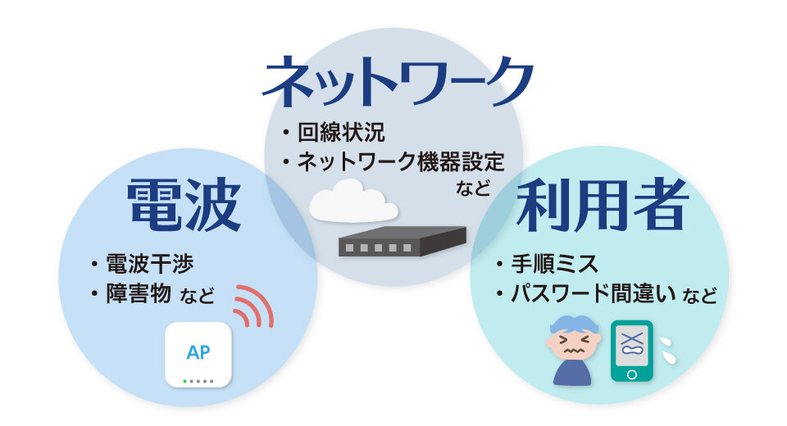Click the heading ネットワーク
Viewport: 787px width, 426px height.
[397, 81]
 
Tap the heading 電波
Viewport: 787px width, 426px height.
[184, 205]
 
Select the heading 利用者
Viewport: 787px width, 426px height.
[603, 205]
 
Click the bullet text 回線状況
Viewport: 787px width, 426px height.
[341, 133]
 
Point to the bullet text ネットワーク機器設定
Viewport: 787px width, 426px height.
[401, 161]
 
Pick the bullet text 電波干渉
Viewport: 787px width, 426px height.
[149, 264]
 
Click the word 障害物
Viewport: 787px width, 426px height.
[139, 293]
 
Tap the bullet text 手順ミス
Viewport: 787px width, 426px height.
[554, 264]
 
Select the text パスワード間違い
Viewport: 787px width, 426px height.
[594, 293]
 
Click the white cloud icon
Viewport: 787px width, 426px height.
[353, 202]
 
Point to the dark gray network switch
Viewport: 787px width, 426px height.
[402, 242]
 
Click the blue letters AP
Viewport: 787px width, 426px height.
[198, 353]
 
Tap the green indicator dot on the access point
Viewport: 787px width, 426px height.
[184, 381]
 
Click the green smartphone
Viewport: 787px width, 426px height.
[632, 351]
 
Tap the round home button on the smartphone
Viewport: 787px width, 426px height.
[632, 374]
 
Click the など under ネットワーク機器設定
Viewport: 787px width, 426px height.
[473, 188]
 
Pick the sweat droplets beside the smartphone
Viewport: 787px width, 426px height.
[667, 350]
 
